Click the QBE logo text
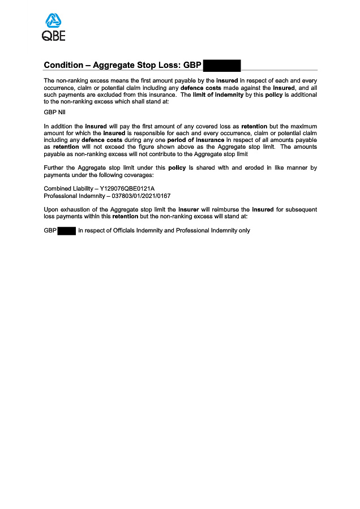click(54, 36)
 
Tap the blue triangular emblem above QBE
click(54, 21)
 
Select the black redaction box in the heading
click(221, 65)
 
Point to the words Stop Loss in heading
click(158, 65)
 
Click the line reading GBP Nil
click(54, 113)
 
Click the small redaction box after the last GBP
click(67, 231)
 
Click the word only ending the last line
click(244, 231)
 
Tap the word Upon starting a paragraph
click(52, 210)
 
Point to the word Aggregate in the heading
click(114, 65)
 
